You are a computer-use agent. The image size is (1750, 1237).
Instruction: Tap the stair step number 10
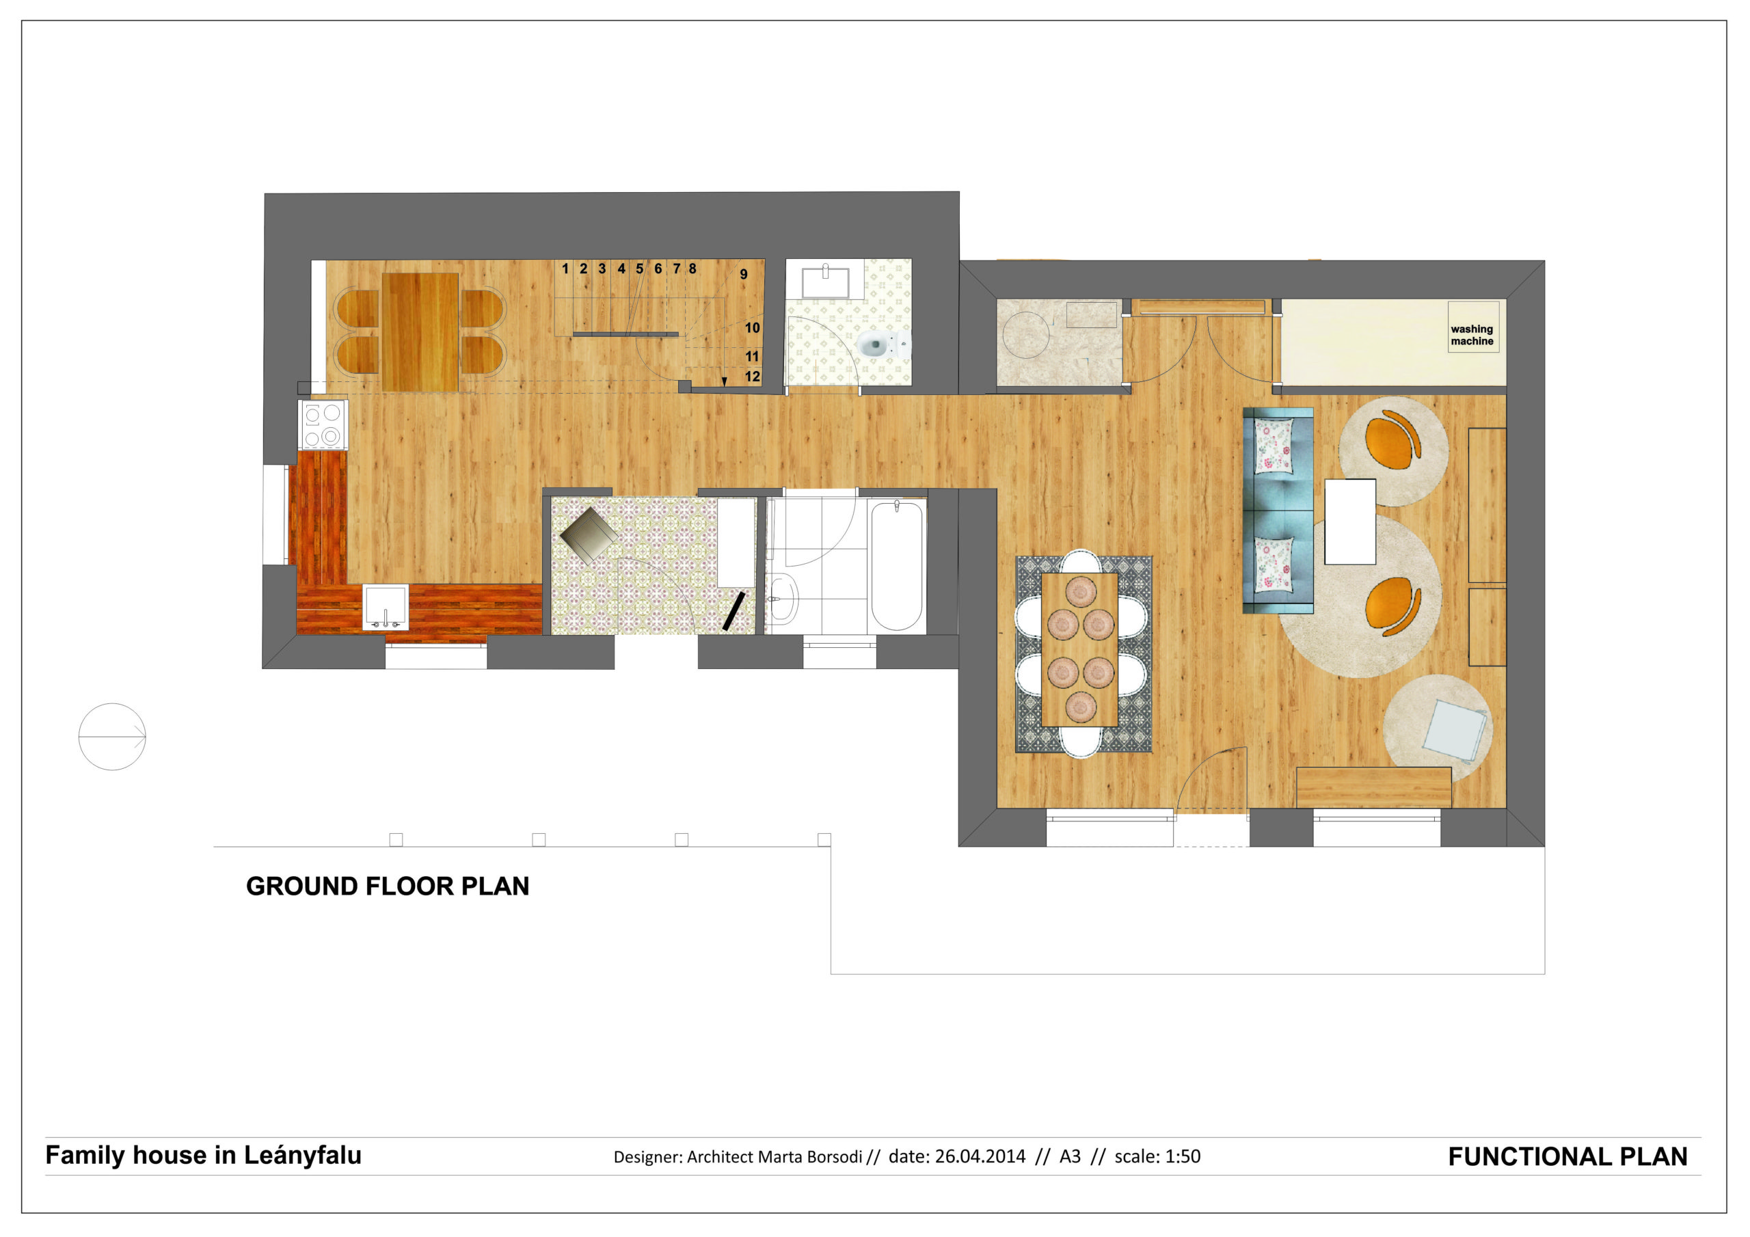pos(752,328)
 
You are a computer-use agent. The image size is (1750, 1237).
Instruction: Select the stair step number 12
pos(752,377)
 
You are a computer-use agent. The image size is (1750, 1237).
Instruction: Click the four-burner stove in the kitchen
pos(323,424)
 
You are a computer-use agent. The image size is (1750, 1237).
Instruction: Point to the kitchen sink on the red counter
pos(385,607)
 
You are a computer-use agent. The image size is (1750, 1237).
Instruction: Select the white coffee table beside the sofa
pos(1350,521)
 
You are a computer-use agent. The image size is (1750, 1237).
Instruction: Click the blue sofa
pos(1278,511)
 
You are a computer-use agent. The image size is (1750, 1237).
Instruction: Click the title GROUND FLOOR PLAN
pos(387,886)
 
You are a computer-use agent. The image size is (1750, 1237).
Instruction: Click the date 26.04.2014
pos(980,1157)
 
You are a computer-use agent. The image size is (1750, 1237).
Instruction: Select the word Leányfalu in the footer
pos(303,1156)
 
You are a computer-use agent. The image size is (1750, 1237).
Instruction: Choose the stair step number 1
pos(565,269)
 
